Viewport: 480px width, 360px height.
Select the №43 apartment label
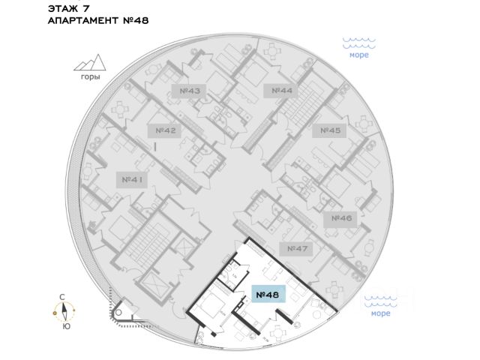(x=190, y=91)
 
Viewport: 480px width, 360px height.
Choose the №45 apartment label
(x=331, y=130)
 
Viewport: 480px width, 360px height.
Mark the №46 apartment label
(x=341, y=218)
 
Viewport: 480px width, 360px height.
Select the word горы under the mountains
(x=90, y=76)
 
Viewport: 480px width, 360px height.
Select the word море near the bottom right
(x=380, y=313)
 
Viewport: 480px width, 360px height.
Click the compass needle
(x=66, y=311)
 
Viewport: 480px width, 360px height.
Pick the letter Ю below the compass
(x=66, y=326)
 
